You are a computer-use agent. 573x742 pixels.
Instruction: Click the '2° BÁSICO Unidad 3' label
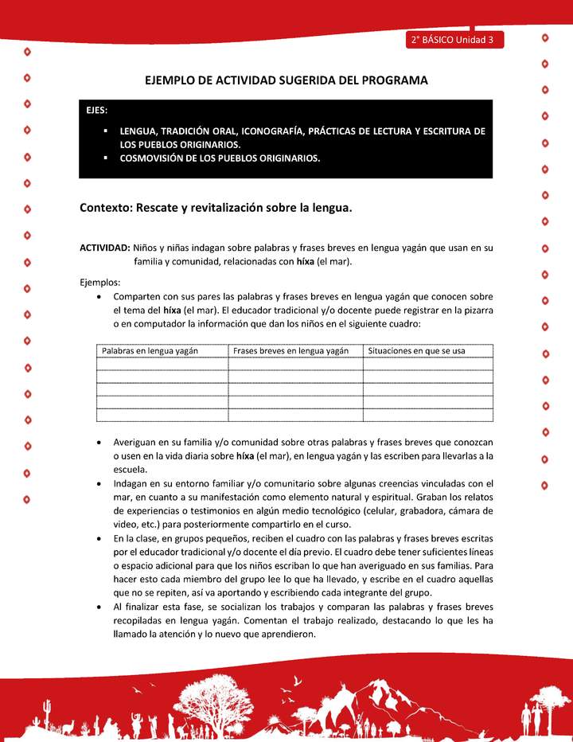(x=453, y=39)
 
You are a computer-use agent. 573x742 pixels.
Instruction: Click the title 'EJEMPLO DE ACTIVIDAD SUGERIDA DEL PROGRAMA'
(x=286, y=80)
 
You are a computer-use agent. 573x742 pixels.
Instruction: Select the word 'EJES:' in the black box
(x=98, y=111)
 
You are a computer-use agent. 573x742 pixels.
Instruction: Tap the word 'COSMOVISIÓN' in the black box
(x=151, y=158)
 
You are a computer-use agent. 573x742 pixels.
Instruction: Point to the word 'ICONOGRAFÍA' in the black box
(x=266, y=131)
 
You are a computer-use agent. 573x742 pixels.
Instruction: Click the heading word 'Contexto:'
(x=106, y=208)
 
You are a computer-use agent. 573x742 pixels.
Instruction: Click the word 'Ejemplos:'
(x=100, y=281)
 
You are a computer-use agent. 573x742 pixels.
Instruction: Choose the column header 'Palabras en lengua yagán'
(x=150, y=350)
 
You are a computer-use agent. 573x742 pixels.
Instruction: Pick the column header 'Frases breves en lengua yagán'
(x=291, y=350)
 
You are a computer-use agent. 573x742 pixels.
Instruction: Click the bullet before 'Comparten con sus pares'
(x=97, y=295)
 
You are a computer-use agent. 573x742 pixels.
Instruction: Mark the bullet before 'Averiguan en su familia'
(x=97, y=442)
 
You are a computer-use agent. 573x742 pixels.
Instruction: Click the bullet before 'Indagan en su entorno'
(x=97, y=483)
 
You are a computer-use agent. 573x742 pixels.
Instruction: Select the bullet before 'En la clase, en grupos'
(x=97, y=539)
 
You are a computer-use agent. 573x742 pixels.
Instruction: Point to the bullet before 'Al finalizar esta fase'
(x=97, y=607)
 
